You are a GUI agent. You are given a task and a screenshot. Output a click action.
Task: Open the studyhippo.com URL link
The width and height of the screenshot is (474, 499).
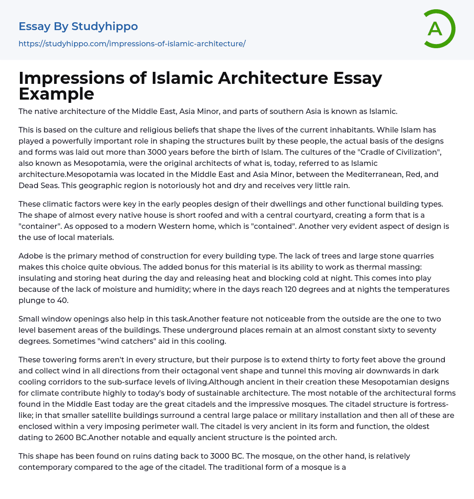click(132, 44)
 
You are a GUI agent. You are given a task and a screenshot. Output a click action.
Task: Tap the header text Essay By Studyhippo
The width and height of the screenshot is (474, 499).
click(78, 26)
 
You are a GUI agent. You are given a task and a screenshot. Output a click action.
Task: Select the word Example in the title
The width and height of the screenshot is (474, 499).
click(56, 94)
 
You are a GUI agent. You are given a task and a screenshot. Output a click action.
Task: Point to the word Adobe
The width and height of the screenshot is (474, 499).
click(30, 256)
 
